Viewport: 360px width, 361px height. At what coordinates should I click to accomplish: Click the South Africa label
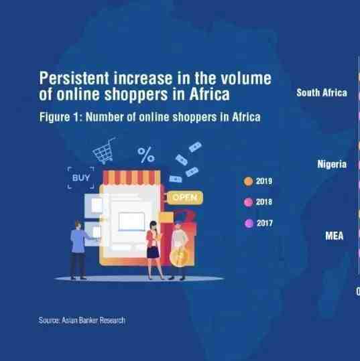(322, 93)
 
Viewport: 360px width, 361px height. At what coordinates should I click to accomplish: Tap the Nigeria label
(332, 164)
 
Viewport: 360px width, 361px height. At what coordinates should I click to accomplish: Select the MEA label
(334, 236)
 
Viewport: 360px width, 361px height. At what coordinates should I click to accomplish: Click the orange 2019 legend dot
(248, 182)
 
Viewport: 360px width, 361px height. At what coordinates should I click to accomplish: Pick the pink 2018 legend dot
(248, 202)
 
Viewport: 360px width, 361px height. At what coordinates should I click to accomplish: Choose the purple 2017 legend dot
(249, 223)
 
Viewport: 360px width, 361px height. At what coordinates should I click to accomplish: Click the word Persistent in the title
(74, 78)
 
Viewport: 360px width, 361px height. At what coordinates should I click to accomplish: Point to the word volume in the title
(246, 78)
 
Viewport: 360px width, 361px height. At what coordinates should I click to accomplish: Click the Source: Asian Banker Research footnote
(82, 320)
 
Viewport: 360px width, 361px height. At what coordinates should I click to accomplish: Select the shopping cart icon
(103, 151)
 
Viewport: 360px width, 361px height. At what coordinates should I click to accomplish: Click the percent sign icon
(146, 155)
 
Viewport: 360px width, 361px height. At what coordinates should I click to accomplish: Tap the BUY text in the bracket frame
(81, 177)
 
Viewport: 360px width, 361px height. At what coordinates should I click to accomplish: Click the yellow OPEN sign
(184, 198)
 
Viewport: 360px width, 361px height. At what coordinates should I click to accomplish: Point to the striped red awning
(131, 177)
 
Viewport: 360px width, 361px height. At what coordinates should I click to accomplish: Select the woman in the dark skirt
(154, 249)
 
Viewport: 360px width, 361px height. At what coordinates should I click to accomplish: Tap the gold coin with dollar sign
(179, 257)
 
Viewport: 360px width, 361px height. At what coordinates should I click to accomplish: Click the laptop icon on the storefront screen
(131, 222)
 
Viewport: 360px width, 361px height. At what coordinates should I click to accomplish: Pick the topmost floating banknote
(195, 147)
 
